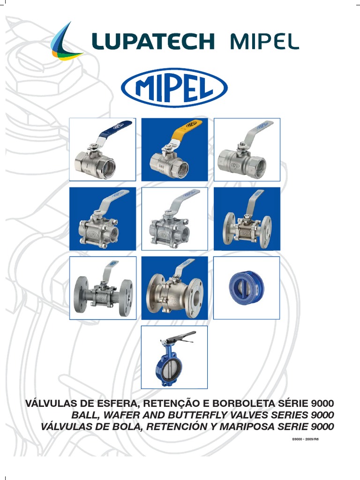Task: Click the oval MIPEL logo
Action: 174,88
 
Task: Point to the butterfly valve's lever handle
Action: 179,336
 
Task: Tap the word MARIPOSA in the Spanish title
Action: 256,427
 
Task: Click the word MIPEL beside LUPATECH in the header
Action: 264,42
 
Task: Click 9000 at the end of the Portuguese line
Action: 323,404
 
